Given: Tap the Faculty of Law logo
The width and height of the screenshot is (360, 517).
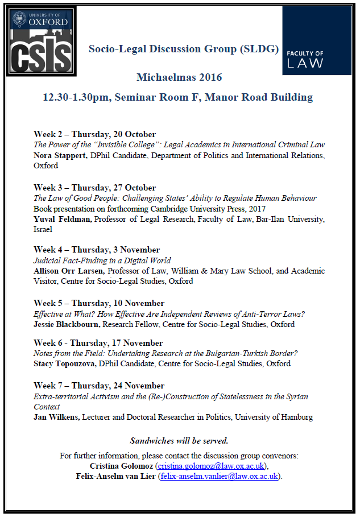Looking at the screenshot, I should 317,40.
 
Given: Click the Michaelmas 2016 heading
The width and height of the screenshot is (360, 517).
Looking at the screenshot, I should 179,77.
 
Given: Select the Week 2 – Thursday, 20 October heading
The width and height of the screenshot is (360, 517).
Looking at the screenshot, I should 94,134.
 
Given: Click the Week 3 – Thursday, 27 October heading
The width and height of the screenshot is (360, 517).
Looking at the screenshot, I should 94,188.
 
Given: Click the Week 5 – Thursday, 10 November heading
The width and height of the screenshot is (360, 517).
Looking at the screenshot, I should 99,303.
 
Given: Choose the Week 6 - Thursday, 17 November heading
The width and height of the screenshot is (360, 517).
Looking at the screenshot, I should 98,343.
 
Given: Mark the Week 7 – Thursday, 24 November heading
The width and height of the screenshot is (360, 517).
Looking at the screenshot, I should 99,386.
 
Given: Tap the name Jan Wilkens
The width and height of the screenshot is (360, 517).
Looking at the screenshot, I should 56,417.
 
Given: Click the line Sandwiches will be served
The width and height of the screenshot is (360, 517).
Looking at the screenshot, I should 179,441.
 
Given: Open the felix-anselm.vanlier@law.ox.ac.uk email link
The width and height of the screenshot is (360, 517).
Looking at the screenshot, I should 218,476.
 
